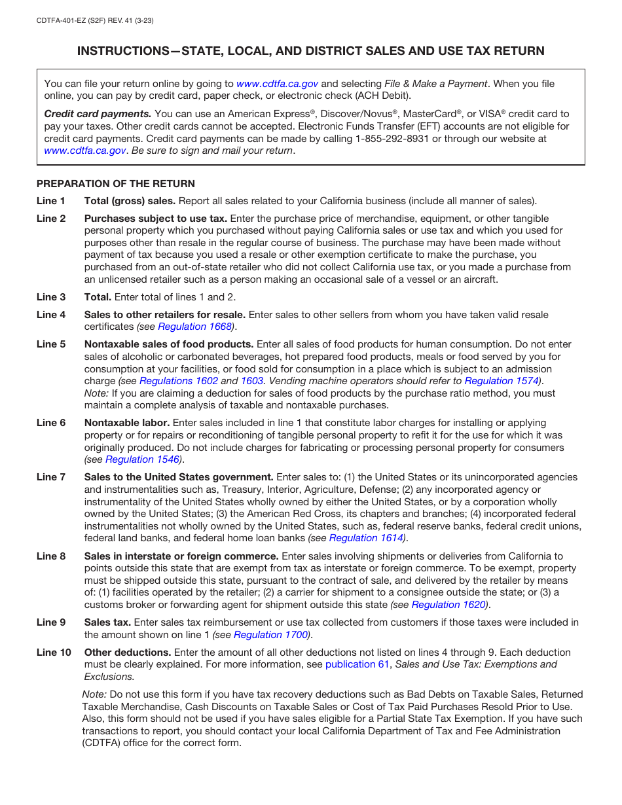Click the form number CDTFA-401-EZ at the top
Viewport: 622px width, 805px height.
coord(66,21)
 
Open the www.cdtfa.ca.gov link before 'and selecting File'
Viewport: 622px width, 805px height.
coord(277,84)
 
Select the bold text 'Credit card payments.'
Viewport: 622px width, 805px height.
coord(98,114)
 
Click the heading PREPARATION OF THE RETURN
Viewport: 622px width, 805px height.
coord(116,184)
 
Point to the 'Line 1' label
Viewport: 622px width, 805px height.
coord(51,201)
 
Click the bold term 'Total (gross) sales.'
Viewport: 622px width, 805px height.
coord(130,201)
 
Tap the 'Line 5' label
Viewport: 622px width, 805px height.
coord(51,344)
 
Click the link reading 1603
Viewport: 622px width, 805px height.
coord(252,381)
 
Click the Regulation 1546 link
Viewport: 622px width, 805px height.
coord(142,459)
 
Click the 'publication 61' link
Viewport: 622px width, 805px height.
coord(357,664)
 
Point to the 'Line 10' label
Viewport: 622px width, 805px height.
coord(54,653)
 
